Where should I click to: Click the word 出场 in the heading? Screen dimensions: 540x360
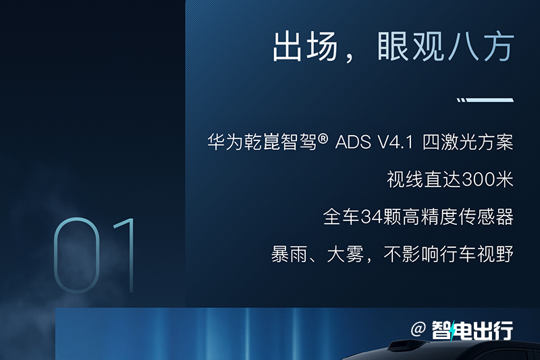click(305, 47)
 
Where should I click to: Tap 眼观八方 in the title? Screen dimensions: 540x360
click(446, 47)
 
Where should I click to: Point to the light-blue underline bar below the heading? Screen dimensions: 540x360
click(485, 100)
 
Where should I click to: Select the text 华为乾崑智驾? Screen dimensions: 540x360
click(262, 142)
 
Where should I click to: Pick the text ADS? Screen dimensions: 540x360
click(353, 142)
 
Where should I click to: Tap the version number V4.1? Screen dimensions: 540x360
click(396, 142)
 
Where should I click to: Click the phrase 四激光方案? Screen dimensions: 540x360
click(468, 142)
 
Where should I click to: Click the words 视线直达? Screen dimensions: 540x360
click(424, 179)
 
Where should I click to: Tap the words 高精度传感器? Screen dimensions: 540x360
click(458, 217)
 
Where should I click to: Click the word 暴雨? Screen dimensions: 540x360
click(290, 254)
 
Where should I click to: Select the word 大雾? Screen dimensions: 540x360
click(345, 254)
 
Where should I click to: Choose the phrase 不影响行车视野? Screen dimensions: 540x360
click(448, 254)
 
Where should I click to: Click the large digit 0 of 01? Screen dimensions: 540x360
click(77, 255)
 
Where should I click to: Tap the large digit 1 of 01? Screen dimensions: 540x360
click(126, 255)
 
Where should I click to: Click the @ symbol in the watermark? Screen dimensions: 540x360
click(418, 330)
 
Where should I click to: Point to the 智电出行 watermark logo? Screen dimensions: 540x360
click(473, 330)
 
